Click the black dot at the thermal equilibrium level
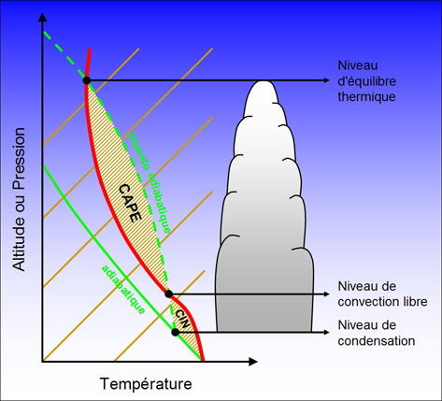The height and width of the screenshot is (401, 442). coord(87,80)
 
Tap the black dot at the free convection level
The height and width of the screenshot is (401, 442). coord(168,294)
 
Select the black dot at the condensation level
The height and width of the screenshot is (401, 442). coord(176,332)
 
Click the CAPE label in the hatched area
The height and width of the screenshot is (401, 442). coord(130,203)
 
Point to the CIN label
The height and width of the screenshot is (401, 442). coord(182,319)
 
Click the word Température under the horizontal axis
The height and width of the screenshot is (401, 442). coord(146,383)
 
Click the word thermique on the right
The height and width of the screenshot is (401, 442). coord(366,97)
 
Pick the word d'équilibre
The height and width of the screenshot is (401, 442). coord(367,81)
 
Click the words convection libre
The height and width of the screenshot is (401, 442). coord(382,302)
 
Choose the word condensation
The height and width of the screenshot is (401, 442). coord(377,340)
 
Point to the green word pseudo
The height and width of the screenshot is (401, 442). coord(137,151)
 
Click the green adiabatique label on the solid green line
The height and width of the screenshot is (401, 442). coord(123,290)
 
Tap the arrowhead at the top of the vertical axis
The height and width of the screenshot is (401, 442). coord(42,17)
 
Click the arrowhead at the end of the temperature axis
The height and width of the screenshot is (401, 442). coord(253,362)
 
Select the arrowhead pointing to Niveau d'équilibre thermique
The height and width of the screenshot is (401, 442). coord(327,80)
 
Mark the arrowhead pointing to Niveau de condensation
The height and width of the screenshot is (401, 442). coord(327,332)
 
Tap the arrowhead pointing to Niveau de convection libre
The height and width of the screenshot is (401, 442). coord(327,294)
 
